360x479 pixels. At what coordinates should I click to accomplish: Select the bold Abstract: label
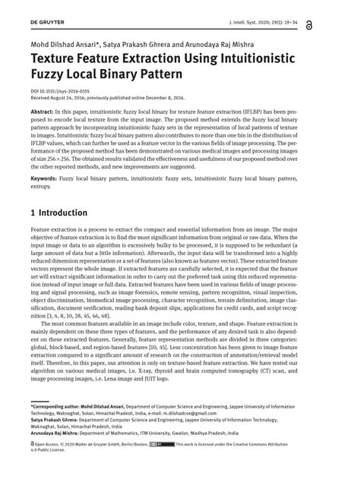[x=46, y=111]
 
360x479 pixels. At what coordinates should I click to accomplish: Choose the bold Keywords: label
[x=48, y=178]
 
